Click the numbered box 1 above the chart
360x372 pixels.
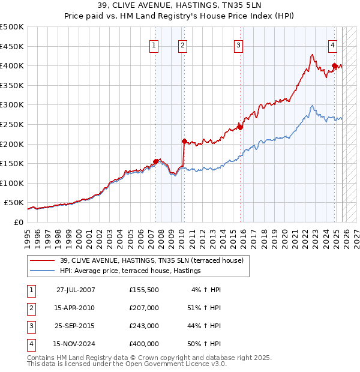(x=154, y=45)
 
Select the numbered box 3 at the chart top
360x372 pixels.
(x=238, y=45)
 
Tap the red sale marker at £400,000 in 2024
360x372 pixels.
(x=334, y=66)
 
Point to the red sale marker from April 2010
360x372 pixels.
(x=184, y=141)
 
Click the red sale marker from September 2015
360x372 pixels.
(x=240, y=127)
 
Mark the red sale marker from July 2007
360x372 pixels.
(x=156, y=161)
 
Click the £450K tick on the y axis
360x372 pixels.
(x=12, y=46)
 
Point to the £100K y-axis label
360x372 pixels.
(x=12, y=183)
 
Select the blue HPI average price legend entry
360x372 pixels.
(x=130, y=271)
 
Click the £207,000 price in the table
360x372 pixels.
(x=144, y=308)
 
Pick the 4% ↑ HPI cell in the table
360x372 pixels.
(x=206, y=290)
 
